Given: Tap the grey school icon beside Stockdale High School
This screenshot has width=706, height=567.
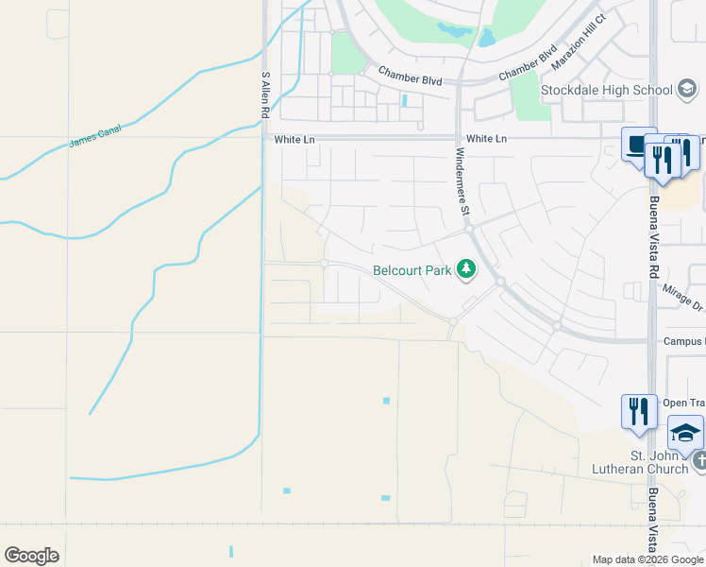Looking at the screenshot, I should [687, 91].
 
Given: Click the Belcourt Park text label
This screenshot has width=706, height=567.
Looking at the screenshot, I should [412, 270].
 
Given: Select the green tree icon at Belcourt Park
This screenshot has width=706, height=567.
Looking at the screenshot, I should [465, 270].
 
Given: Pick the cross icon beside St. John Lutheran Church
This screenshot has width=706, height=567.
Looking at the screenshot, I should [699, 461].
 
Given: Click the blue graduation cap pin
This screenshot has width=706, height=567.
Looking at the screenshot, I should [686, 433].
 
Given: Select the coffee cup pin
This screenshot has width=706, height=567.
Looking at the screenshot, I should [639, 146].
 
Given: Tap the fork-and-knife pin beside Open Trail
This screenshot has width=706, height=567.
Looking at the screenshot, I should [639, 411].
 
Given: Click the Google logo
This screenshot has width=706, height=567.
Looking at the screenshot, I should [31, 556].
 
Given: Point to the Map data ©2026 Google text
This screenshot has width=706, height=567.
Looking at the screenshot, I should [647, 559].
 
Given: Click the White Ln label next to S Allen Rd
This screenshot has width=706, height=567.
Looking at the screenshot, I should [294, 139].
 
